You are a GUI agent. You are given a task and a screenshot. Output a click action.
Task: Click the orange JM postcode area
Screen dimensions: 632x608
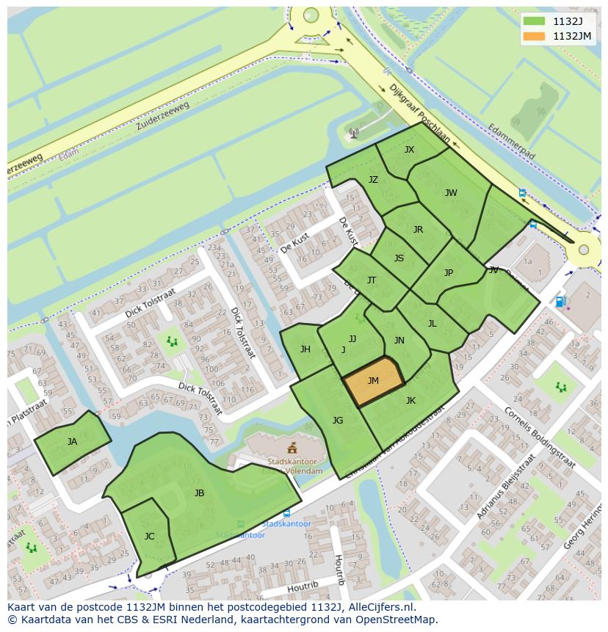click(373, 382)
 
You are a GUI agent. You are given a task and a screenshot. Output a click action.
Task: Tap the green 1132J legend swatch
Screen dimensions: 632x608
click(534, 21)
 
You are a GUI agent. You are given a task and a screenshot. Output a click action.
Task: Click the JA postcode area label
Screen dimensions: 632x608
click(72, 442)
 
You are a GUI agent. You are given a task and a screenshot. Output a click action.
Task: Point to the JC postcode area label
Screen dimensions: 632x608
click(149, 537)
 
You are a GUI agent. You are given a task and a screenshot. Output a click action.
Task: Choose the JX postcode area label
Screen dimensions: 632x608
click(409, 150)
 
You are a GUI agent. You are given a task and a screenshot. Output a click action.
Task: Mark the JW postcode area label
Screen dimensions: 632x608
click(451, 193)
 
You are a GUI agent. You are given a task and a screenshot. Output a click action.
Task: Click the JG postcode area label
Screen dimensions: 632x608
click(338, 421)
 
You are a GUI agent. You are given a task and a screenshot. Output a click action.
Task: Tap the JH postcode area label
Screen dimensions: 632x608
click(305, 349)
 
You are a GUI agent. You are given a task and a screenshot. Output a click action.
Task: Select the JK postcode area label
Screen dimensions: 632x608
click(410, 401)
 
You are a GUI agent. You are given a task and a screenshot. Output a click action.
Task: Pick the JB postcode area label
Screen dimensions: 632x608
click(199, 493)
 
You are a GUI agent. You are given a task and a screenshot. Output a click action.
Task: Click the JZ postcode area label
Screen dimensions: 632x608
click(373, 180)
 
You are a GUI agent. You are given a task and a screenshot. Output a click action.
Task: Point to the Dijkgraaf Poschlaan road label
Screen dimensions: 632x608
click(419, 113)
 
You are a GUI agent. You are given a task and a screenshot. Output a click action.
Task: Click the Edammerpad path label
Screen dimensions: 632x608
click(511, 142)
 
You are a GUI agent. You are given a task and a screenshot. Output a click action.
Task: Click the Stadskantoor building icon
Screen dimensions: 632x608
click(292, 448)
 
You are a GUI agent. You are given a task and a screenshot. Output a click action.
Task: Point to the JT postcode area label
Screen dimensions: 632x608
click(372, 280)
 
